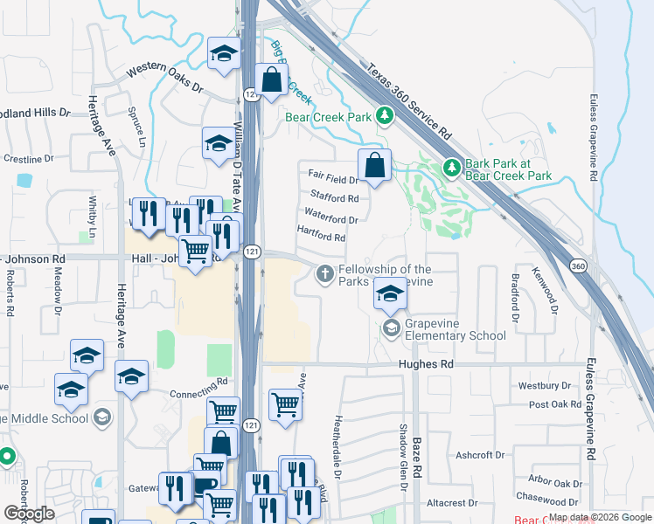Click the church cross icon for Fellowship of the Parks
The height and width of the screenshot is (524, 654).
(x=324, y=274)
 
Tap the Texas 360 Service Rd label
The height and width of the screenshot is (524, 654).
(x=408, y=101)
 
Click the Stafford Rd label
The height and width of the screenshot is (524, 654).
(x=333, y=197)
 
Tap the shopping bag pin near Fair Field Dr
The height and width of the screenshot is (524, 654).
(x=374, y=165)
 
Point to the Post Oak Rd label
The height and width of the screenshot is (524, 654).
(x=555, y=403)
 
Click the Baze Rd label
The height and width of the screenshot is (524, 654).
(x=418, y=462)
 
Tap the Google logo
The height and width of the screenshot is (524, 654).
(x=29, y=514)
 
